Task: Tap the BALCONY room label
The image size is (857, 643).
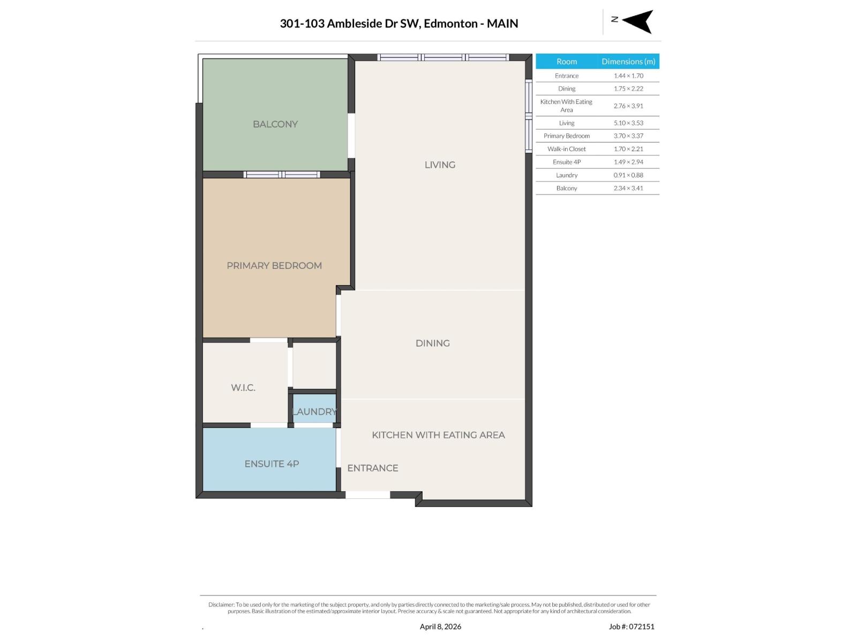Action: tap(275, 124)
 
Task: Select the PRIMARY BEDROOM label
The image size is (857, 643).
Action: tap(274, 266)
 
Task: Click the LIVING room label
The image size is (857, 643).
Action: tap(440, 165)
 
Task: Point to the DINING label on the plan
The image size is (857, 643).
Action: tap(432, 343)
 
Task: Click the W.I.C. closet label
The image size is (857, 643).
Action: tap(243, 388)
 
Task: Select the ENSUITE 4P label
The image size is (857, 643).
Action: tap(272, 464)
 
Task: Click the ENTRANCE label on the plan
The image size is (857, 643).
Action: tap(372, 468)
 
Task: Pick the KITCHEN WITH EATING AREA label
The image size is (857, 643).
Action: tap(438, 435)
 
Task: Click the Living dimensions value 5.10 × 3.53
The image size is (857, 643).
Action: tap(628, 123)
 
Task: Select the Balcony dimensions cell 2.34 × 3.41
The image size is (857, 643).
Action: tap(628, 188)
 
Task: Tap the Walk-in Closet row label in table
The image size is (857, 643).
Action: tap(566, 149)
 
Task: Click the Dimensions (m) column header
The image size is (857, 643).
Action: tap(628, 62)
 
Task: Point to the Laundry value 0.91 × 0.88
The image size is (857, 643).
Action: tap(628, 175)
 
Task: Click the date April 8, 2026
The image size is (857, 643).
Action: tap(440, 626)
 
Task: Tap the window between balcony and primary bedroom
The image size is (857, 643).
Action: tap(282, 175)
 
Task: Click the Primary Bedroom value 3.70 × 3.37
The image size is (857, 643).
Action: tap(628, 136)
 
